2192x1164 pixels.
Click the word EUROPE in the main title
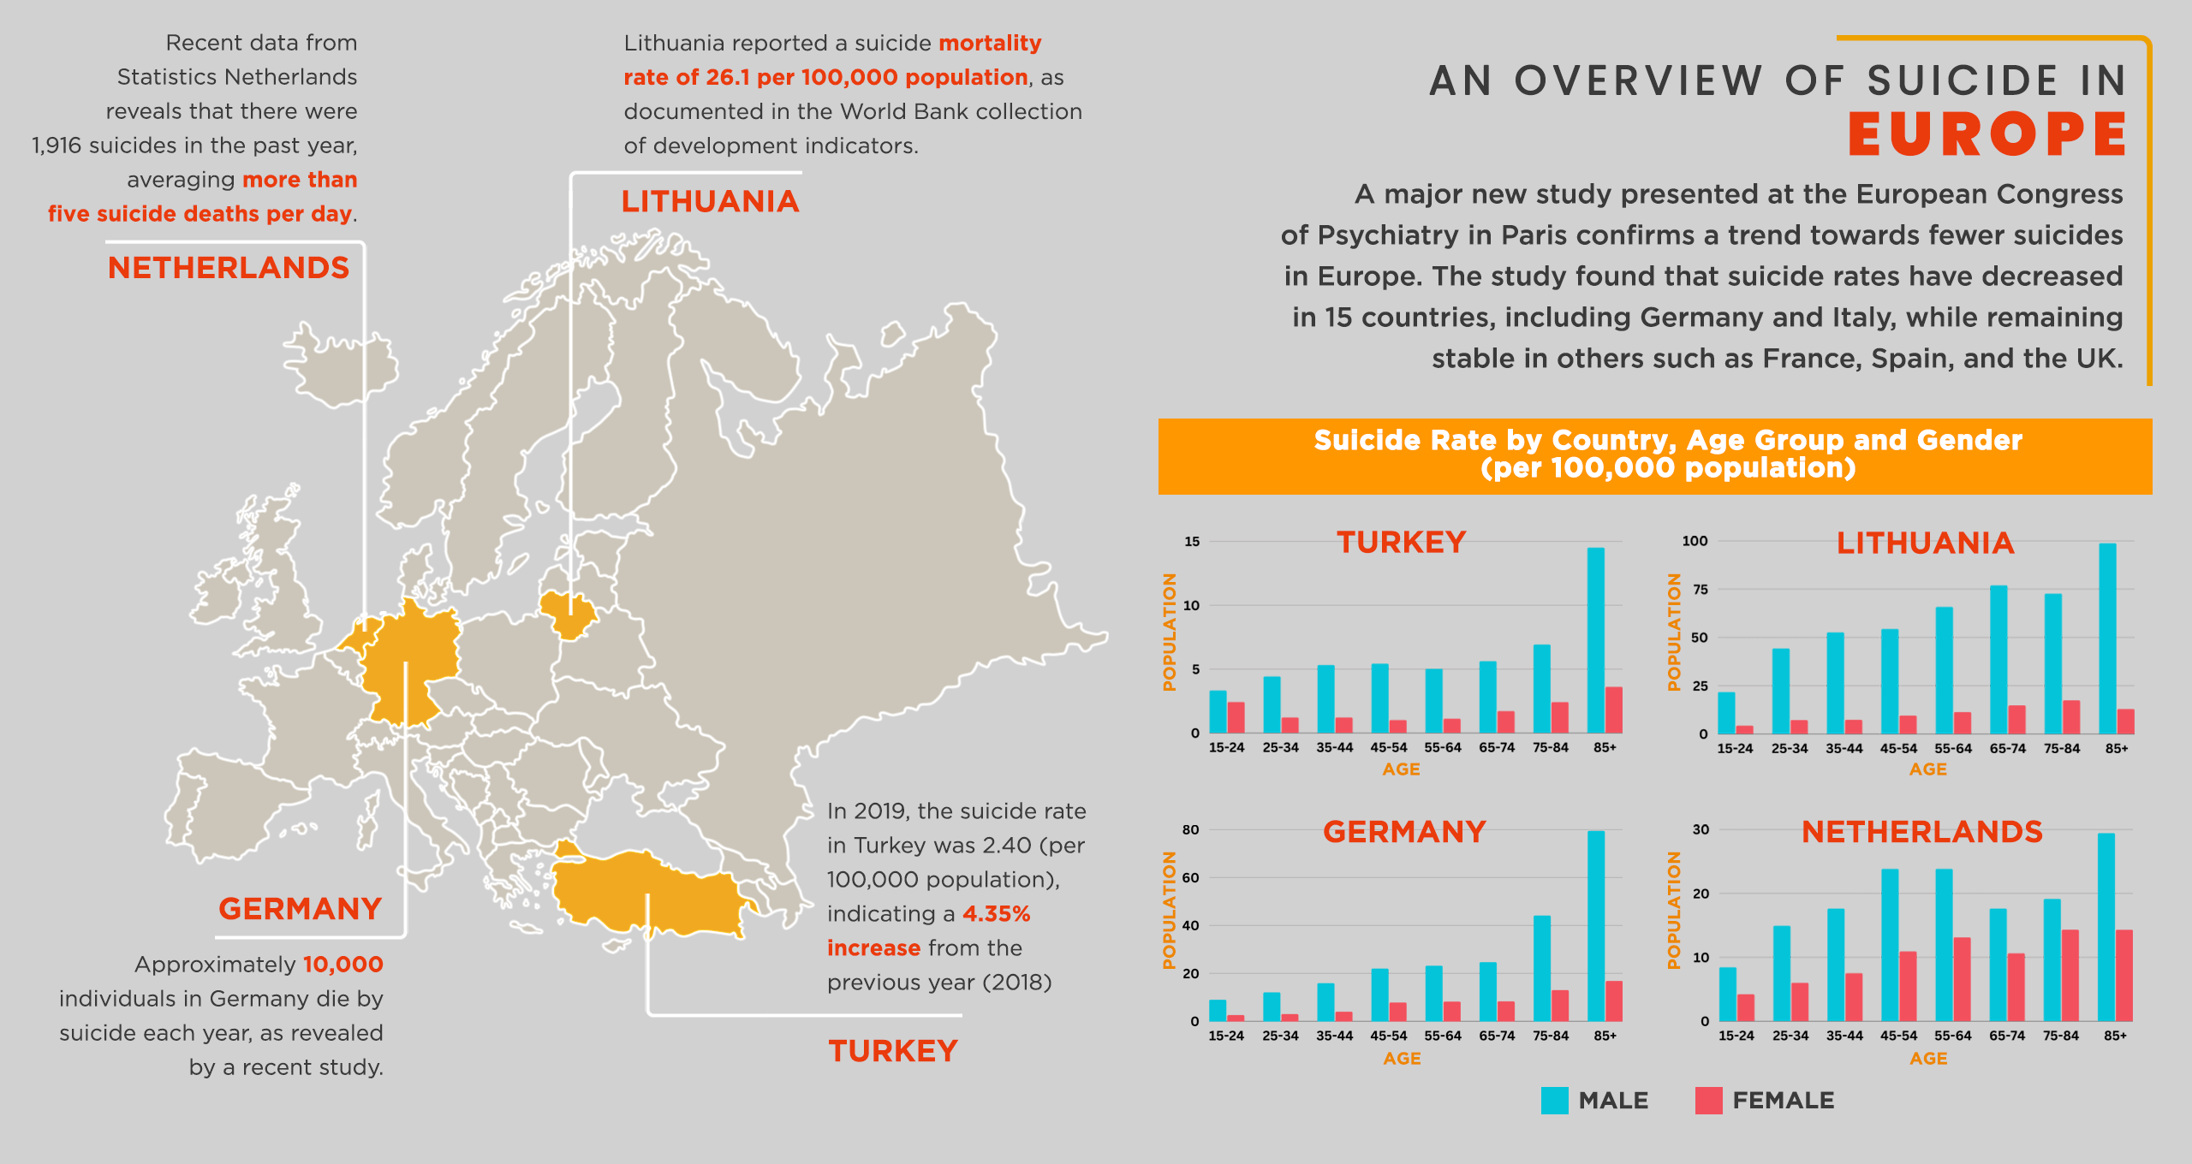1986,134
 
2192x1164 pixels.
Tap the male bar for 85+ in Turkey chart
1595,640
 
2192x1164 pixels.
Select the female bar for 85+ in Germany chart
1614,1001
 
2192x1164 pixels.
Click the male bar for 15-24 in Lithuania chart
1726,713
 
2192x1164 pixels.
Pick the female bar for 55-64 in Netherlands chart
1962,979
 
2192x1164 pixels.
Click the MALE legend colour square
1554,1101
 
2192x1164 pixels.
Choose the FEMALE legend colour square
1708,1101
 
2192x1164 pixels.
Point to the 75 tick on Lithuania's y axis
1700,589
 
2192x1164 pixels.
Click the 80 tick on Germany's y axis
1190,829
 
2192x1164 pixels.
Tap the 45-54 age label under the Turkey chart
1389,747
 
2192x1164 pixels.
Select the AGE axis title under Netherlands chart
1928,1059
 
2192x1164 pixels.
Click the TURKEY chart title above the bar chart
1402,543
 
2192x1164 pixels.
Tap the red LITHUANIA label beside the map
710,202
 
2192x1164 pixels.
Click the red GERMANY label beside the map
300,909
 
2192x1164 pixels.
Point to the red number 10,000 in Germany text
342,965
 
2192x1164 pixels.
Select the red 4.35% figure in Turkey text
996,914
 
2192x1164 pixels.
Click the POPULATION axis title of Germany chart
1169,910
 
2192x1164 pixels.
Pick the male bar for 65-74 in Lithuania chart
1998,659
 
